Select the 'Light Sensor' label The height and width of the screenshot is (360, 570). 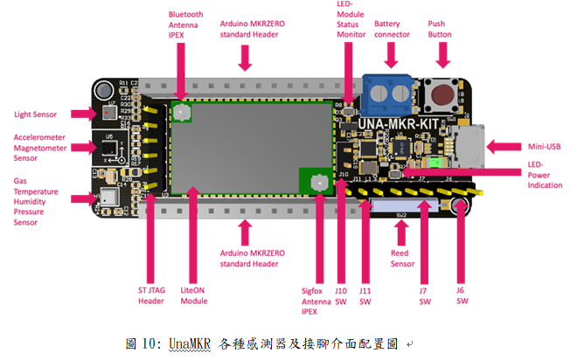[35, 114]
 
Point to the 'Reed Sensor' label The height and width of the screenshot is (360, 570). [403, 258]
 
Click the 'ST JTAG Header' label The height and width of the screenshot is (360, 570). [152, 295]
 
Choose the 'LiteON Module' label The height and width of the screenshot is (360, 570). [193, 295]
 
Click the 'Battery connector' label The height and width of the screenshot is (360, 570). [392, 29]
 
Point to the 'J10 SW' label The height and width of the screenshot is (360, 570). [341, 295]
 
